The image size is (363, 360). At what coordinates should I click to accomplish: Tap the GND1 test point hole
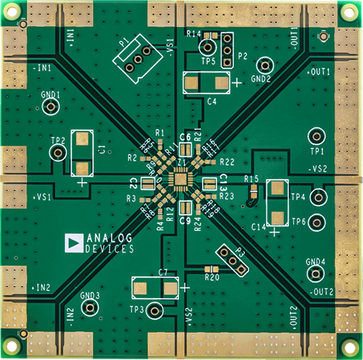point(50,107)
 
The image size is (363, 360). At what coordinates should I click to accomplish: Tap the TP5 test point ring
point(207,48)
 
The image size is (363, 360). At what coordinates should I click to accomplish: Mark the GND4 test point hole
point(315,274)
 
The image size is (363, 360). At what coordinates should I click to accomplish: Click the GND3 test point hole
point(89,307)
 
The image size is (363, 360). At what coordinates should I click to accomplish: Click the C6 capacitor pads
point(184,150)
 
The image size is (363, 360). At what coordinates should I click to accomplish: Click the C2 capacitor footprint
point(148,184)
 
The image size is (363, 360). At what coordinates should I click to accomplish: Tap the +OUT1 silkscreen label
point(319,73)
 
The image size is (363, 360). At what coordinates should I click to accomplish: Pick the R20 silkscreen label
point(211,277)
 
